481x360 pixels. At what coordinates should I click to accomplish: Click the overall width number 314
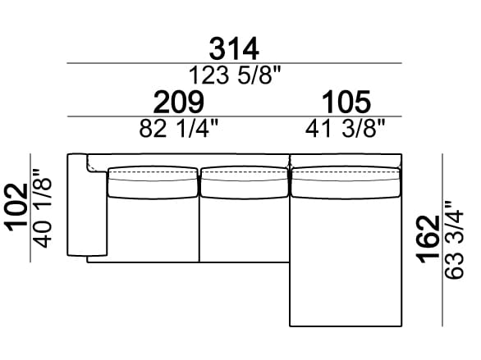point(234,49)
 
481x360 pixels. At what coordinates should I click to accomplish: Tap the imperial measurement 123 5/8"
point(235,75)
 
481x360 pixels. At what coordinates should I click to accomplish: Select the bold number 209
point(179,102)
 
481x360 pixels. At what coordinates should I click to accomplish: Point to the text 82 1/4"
point(179,129)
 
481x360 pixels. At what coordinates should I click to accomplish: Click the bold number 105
point(346,102)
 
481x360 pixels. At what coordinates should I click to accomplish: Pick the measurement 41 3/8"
point(345,129)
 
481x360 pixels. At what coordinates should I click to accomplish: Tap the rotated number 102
point(16,207)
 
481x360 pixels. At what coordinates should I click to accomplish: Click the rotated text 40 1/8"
point(43,208)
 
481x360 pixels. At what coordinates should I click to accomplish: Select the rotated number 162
point(428,239)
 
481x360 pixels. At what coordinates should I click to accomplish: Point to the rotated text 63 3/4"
point(454,240)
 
